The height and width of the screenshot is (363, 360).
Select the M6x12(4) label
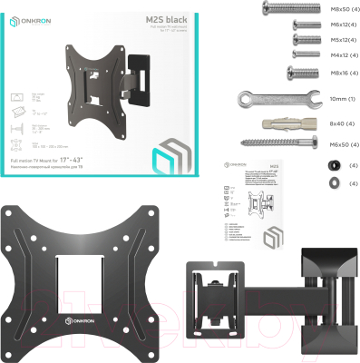point(332,25)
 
